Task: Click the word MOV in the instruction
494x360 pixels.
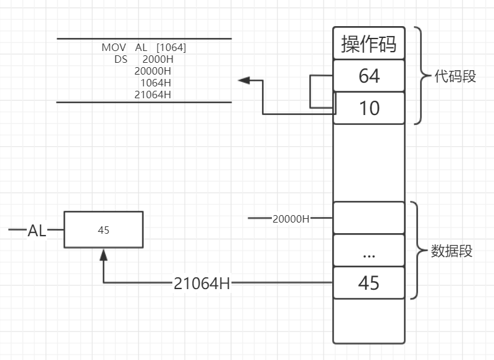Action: click(x=114, y=47)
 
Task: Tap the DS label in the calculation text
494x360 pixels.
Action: click(x=121, y=59)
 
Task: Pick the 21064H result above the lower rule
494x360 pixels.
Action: click(x=152, y=95)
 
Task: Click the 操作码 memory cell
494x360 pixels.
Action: click(x=369, y=44)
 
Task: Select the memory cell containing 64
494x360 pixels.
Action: click(x=369, y=76)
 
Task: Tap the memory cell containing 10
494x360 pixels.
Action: click(x=369, y=108)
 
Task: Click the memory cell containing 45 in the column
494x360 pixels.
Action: click(x=369, y=283)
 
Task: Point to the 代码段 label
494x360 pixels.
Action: click(x=455, y=76)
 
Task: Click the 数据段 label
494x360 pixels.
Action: click(x=452, y=251)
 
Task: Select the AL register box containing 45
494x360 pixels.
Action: click(x=104, y=230)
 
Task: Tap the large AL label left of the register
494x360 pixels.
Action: click(x=37, y=231)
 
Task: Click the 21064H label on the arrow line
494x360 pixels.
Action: click(x=202, y=284)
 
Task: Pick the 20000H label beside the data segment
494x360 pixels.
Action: click(x=291, y=219)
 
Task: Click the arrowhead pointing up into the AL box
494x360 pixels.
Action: click(x=104, y=254)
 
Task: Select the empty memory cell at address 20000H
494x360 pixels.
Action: click(x=369, y=218)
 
